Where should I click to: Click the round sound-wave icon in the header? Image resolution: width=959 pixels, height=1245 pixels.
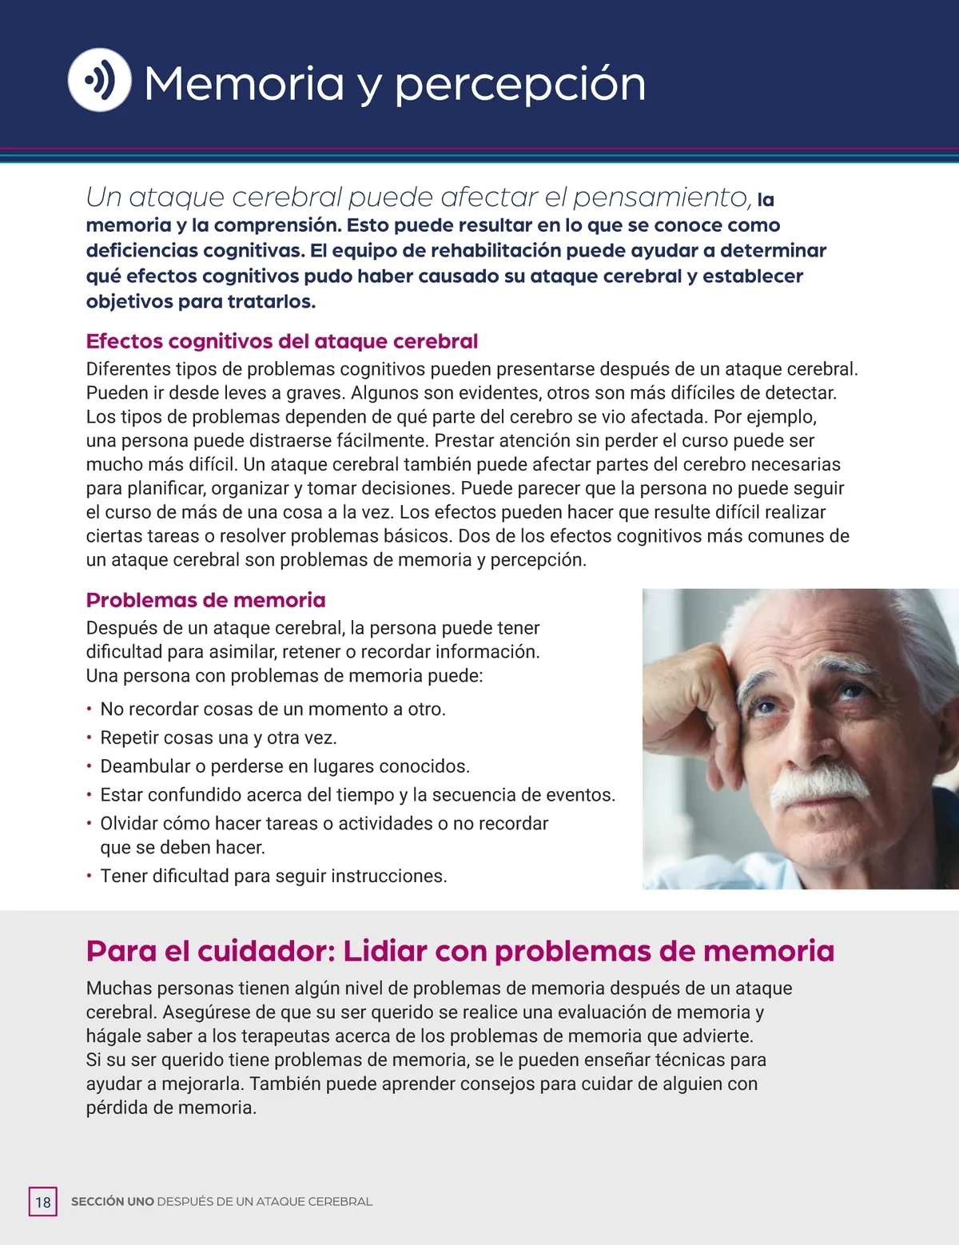[x=99, y=80]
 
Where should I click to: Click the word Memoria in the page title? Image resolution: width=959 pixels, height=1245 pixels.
[x=244, y=83]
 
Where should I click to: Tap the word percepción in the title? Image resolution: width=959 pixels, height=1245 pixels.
[x=520, y=85]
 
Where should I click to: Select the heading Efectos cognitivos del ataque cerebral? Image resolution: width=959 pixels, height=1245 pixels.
[x=281, y=341]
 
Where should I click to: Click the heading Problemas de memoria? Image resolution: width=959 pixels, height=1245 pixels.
[x=205, y=600]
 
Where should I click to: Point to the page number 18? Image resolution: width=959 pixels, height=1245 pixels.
[x=43, y=1202]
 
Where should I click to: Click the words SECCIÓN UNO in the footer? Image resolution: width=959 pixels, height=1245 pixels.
[x=112, y=1202]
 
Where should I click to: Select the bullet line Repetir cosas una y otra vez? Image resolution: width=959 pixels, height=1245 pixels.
[x=217, y=738]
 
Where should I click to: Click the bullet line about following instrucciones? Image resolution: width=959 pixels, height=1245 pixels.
[x=273, y=876]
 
